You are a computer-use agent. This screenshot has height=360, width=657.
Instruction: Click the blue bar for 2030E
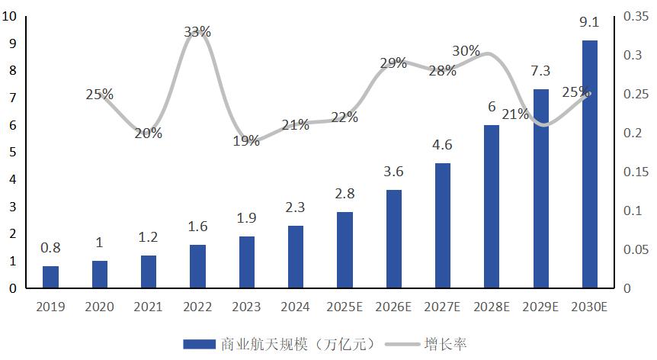[590, 164]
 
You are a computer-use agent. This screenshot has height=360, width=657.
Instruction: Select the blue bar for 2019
[50, 277]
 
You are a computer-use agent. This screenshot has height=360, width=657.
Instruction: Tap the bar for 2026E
[393, 239]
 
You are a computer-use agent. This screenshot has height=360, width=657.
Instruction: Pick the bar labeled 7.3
[541, 188]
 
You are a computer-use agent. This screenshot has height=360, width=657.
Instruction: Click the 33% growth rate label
[197, 32]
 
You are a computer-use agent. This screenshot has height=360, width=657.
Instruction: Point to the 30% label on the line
[466, 51]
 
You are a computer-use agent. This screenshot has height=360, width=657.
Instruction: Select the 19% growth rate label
[246, 140]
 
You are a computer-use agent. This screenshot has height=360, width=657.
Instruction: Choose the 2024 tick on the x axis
[296, 307]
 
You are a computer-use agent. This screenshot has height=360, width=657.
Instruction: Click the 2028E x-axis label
[492, 307]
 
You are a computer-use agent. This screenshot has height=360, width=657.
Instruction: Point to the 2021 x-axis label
[148, 307]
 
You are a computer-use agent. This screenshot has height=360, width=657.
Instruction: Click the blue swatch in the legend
[199, 344]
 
